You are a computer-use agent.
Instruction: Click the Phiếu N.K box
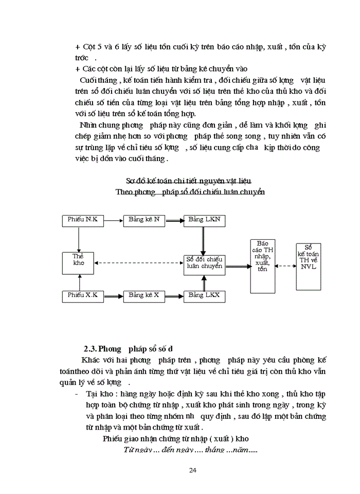tap(83, 220)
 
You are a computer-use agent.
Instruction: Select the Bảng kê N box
tap(143, 220)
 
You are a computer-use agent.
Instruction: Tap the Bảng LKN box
tap(204, 220)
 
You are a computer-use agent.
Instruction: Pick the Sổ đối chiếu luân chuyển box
tap(204, 263)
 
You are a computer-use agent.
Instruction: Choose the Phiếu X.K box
tap(83, 295)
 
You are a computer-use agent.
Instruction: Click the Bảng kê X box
tap(143, 295)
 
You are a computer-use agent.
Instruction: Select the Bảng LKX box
tap(204, 295)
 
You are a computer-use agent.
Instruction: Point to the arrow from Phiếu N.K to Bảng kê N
tap(114, 220)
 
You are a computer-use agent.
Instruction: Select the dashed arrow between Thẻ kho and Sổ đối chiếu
tap(139, 263)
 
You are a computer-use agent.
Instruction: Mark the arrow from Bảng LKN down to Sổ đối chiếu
tap(204, 239)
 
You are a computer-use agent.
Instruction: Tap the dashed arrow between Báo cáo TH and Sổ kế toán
tap(285, 266)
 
